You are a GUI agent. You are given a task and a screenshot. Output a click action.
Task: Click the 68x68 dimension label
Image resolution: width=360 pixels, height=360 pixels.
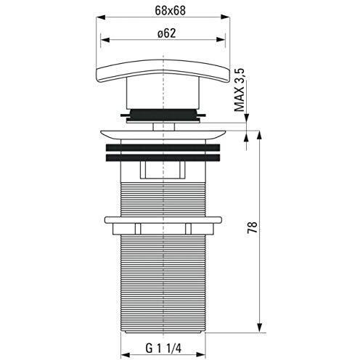tap(170, 10)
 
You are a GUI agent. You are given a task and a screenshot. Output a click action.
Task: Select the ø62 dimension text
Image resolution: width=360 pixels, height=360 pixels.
tap(166, 33)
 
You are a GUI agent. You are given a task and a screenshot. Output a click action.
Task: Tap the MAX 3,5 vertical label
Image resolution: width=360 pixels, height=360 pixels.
tap(240, 90)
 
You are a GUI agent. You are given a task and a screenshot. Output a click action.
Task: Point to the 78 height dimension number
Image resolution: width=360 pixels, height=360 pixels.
tap(252, 227)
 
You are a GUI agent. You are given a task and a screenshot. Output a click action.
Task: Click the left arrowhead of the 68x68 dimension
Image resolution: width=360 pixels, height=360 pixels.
tap(101, 17)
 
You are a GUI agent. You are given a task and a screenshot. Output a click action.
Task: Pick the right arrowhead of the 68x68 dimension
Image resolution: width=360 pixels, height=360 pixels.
tap(225, 17)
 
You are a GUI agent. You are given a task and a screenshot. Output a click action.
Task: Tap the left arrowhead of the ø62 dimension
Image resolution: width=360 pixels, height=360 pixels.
tap(105, 40)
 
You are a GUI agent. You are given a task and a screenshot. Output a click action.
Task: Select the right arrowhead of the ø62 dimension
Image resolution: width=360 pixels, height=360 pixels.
tap(221, 40)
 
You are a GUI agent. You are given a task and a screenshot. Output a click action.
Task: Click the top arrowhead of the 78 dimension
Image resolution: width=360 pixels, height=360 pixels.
tap(259, 136)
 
